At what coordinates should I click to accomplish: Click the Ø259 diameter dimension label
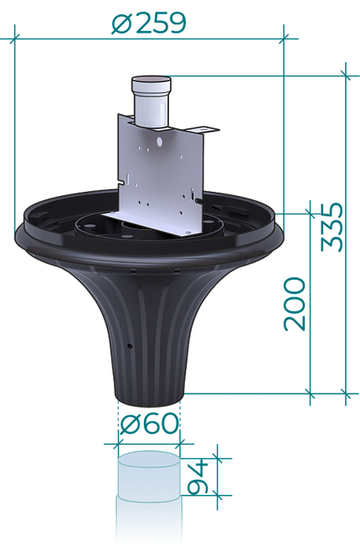point(149,23)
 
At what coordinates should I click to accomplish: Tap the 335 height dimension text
point(332,227)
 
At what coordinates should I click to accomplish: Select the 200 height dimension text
point(295,304)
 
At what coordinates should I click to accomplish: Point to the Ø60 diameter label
point(149,423)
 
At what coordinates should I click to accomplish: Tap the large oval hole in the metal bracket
point(159,142)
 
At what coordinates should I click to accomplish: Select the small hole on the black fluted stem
point(130,346)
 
